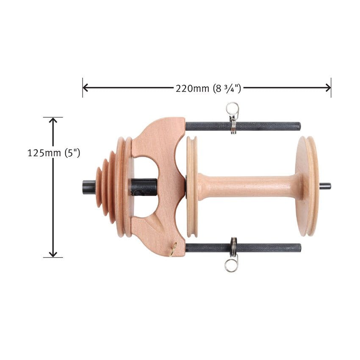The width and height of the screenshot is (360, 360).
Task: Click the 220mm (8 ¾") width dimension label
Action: pyautogui.click(x=208, y=89)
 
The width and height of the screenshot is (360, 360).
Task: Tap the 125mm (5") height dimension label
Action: pyautogui.click(x=54, y=153)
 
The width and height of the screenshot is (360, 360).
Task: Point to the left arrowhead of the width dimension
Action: pyautogui.click(x=86, y=88)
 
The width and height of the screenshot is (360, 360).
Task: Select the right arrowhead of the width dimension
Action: pyautogui.click(x=328, y=88)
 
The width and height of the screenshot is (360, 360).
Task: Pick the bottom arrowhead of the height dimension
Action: pyautogui.click(x=53, y=254)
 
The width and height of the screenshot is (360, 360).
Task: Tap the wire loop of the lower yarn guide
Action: pyautogui.click(x=231, y=266)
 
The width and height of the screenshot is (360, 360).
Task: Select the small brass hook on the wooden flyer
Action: pyautogui.click(x=173, y=249)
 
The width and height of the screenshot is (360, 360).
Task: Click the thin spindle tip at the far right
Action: pyautogui.click(x=325, y=186)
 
